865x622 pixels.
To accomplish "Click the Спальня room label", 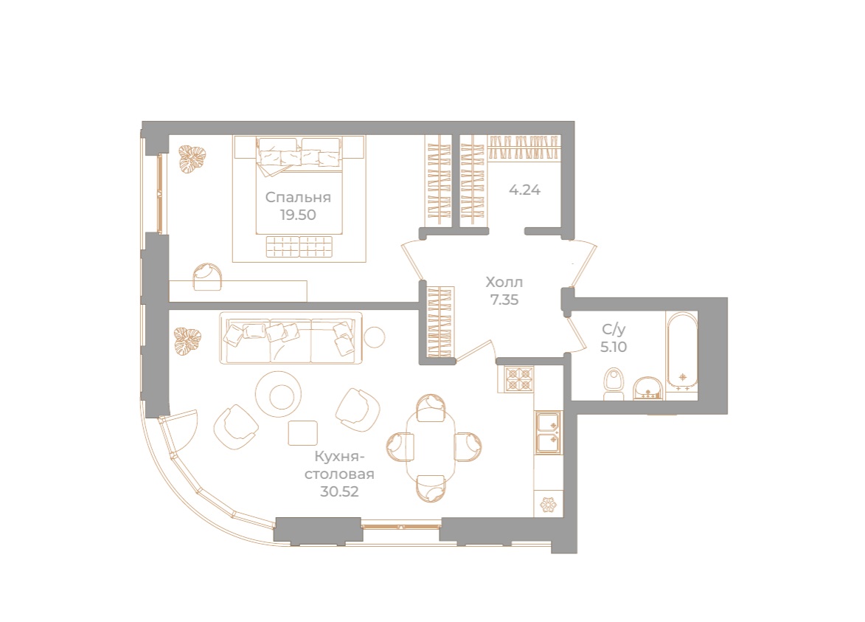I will coord(298,198).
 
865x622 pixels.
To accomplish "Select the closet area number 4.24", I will coord(525,190).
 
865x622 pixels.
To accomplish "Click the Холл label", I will coord(504,282).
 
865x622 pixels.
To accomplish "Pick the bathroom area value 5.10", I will coord(614,347).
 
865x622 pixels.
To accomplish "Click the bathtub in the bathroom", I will coord(682,350).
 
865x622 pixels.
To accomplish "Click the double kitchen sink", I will coord(549,432).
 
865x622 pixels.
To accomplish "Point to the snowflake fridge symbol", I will coord(549,505).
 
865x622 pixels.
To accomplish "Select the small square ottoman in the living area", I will coord(302,432).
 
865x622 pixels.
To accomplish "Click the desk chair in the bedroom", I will coord(209,275).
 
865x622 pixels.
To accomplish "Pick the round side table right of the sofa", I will coord(375,336).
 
